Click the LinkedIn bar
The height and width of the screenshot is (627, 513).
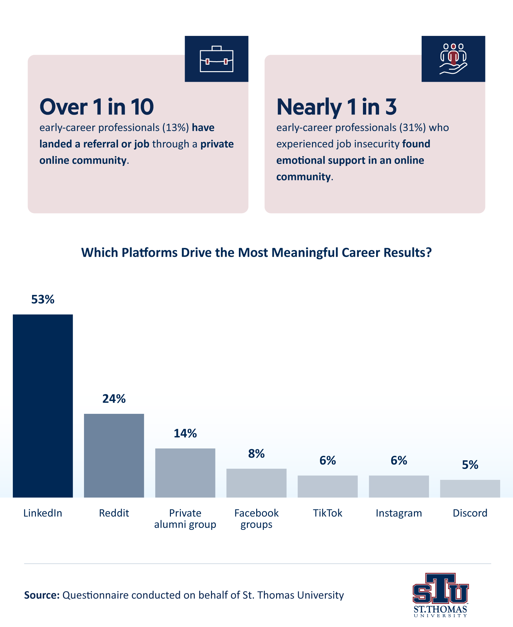coord(43,406)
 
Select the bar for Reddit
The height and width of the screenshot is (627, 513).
coord(114,456)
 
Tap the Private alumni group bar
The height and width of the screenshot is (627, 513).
coord(185,473)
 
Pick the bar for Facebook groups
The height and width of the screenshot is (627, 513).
coord(256,483)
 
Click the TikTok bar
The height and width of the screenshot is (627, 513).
coord(327,486)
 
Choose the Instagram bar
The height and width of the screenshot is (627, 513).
coord(399,486)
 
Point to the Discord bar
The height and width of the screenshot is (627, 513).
coord(470,489)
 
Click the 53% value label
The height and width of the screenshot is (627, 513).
coord(43,299)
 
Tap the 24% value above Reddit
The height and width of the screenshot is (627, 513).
coord(114,399)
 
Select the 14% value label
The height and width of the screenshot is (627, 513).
coord(185,433)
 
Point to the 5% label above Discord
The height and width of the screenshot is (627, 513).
coord(470,465)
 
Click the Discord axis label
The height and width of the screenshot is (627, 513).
coord(470,513)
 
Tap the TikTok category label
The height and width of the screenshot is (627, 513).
coord(327,513)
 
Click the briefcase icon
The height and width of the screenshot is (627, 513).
coord(216,59)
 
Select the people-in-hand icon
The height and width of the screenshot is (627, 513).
coord(453,59)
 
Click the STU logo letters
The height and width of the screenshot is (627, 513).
coord(440,589)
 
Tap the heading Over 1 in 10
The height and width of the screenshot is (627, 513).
coord(97,107)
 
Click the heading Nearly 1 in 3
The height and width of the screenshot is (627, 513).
coord(336,107)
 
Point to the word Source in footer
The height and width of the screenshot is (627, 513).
coord(42,595)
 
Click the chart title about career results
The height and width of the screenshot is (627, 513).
coord(256,253)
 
